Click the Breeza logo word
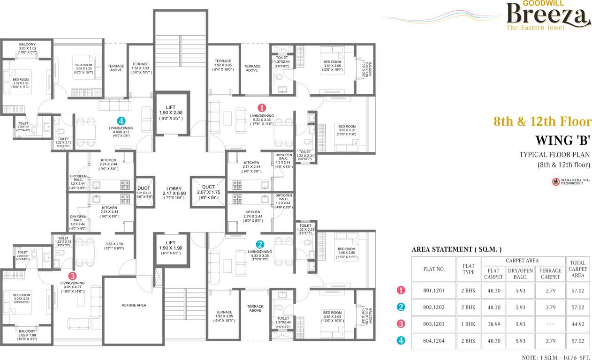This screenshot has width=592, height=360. click(548, 15)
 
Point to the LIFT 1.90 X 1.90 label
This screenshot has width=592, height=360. click(171, 250)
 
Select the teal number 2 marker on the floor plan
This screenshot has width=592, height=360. click(260, 244)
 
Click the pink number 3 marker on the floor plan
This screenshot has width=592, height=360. click(72, 275)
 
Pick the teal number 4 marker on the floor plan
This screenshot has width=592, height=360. click(121, 120)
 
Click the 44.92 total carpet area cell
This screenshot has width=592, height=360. click(577, 324)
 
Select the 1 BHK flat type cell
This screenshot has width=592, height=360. click(468, 324)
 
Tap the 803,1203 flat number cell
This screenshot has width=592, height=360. click(433, 324)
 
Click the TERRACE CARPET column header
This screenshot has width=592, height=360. click(550, 274)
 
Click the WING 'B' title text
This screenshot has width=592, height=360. click(563, 141)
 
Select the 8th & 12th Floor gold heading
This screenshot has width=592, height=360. click(542, 122)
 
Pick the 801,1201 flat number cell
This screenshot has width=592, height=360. click(433, 291)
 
